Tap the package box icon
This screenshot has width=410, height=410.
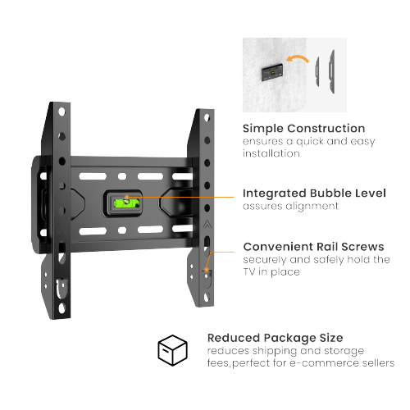pos(173,350)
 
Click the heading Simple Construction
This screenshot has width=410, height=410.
pos(303,128)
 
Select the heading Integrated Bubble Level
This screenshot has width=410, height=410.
pos(314,193)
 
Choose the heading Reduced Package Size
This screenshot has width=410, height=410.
pos(275,337)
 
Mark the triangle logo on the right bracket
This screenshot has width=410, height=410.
pos(205,223)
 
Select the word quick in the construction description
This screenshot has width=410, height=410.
pos(310,141)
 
